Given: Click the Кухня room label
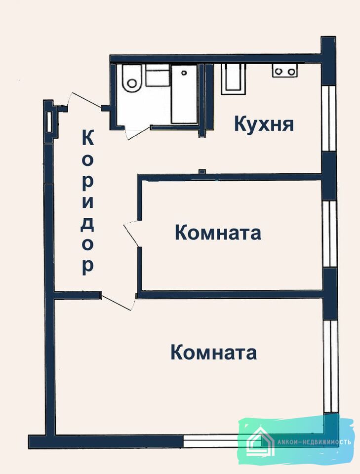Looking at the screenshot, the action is pos(264,124).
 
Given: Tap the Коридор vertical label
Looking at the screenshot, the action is pos(88,202).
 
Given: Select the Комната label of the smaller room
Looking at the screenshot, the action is pos(218,233).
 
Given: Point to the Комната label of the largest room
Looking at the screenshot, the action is pos(214,353).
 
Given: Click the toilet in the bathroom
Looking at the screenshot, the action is pos(132,79).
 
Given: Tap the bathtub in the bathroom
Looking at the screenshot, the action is pos(184,95).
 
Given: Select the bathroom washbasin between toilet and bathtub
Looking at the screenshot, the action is pos(158,75).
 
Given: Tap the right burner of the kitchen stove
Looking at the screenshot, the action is pos(291,72).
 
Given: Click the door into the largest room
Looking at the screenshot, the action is pos(118,301).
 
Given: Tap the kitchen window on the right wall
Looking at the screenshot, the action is pos(329,118).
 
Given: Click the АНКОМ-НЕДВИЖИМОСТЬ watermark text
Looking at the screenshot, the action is pos(314,442).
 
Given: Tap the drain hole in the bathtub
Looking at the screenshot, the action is pos(184,73).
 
